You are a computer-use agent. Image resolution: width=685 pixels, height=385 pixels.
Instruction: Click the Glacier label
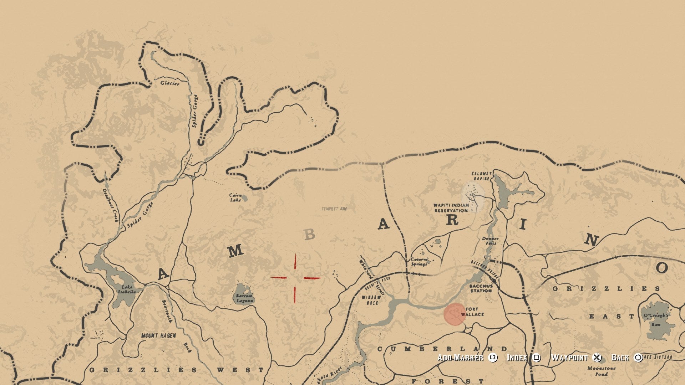[x=170, y=83]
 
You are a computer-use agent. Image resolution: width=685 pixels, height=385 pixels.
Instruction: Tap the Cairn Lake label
[x=235, y=197]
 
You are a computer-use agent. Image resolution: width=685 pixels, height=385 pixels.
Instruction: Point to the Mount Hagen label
[x=158, y=335]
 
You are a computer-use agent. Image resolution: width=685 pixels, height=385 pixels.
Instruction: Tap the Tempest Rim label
[x=334, y=209]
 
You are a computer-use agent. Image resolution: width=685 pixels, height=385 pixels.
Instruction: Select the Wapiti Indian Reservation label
[x=451, y=208]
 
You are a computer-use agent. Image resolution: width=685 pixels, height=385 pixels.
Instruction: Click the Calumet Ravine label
[x=482, y=176]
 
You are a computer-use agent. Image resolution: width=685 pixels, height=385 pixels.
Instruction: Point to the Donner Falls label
[x=490, y=241]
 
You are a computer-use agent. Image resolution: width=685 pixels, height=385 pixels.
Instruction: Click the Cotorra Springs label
[x=419, y=262]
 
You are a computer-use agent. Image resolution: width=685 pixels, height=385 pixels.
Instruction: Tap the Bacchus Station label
[x=481, y=288]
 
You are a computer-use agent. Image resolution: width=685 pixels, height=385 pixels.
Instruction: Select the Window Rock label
[x=371, y=300]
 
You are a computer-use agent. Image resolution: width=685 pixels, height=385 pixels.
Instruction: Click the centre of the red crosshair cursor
[x=295, y=278]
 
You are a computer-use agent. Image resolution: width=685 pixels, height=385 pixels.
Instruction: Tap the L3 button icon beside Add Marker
[x=493, y=358]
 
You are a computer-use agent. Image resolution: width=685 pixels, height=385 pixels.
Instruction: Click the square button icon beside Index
[x=536, y=358]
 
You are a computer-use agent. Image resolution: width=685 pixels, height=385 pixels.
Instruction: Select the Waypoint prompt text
[x=569, y=358]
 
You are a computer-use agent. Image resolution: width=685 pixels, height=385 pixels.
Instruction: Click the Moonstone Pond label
[x=601, y=371]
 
